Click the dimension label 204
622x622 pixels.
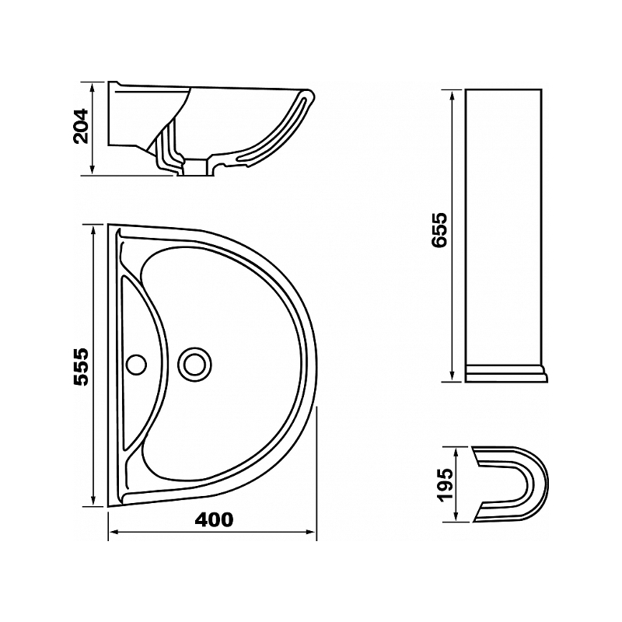click(81, 126)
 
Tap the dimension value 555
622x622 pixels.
click(81, 367)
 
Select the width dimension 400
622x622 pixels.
click(215, 520)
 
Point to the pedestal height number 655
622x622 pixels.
click(439, 230)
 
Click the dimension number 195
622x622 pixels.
click(446, 485)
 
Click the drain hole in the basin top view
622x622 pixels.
click(194, 364)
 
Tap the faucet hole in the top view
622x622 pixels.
click(136, 364)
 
